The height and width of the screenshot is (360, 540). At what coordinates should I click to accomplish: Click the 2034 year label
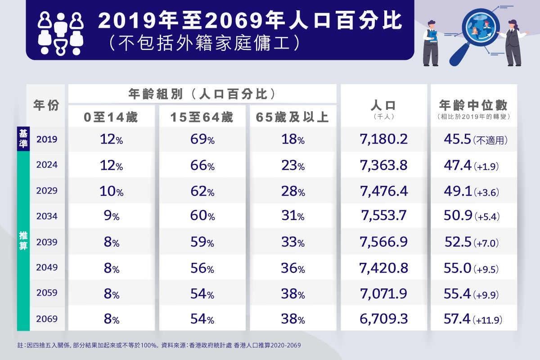pyautogui.click(x=47, y=216)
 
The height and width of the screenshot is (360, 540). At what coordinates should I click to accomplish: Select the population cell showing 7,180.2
pyautogui.click(x=383, y=139)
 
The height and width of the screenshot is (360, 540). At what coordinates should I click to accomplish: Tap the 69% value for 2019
pyautogui.click(x=202, y=139)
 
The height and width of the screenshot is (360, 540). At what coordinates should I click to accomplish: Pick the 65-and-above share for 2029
pyautogui.click(x=293, y=191)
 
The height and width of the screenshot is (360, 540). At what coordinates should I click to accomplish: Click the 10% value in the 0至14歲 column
pyautogui.click(x=112, y=191)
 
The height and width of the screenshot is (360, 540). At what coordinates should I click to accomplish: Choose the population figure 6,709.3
pyautogui.click(x=383, y=319)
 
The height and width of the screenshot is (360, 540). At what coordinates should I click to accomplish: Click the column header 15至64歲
pyautogui.click(x=202, y=117)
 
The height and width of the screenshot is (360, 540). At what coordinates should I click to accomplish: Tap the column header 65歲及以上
pyautogui.click(x=292, y=117)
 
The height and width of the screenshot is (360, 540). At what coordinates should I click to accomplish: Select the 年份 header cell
pyautogui.click(x=46, y=105)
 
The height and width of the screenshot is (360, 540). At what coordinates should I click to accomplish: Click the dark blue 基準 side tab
pyautogui.click(x=23, y=139)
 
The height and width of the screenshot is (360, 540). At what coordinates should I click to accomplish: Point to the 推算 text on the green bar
pyautogui.click(x=23, y=241)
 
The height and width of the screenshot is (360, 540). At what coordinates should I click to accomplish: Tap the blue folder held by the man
pyautogui.click(x=433, y=36)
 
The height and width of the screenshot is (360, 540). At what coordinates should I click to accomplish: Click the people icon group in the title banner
pyautogui.click(x=60, y=34)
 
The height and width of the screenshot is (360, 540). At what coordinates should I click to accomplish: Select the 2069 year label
pyautogui.click(x=47, y=319)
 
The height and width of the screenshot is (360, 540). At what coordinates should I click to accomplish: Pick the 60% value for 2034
pyautogui.click(x=202, y=216)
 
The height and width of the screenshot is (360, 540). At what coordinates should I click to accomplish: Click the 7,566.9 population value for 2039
pyautogui.click(x=383, y=242)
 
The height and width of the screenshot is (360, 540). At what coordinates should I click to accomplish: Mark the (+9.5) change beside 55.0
pyautogui.click(x=486, y=269)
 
